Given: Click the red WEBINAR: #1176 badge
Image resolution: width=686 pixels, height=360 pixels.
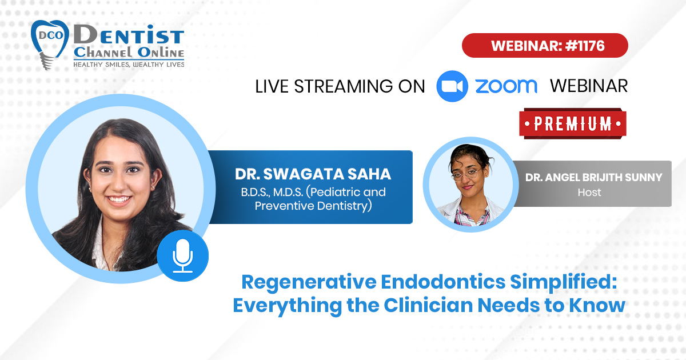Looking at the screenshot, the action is (x=545, y=46).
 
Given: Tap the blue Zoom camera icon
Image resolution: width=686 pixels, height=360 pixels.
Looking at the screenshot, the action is (x=452, y=86).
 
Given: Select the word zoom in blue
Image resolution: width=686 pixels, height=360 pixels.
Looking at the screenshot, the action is (x=506, y=86).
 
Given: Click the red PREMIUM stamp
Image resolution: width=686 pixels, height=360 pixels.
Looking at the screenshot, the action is (x=573, y=123).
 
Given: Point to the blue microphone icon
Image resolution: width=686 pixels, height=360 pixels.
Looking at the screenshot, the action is (x=183, y=255).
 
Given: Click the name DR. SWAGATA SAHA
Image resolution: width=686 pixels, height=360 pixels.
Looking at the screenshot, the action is (x=313, y=174).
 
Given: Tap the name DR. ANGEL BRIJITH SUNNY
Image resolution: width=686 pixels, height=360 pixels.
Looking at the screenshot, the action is (x=594, y=177).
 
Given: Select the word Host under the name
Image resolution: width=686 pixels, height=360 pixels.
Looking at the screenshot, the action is (x=589, y=192).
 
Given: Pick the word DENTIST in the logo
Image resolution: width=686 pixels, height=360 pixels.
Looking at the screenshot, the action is (x=129, y=35).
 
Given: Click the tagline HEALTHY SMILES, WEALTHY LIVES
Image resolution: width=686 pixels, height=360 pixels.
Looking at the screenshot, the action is (x=129, y=64).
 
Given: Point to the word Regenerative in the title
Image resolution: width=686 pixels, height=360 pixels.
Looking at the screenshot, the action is (x=309, y=282).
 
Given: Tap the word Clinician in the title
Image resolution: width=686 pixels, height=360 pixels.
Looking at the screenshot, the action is (x=428, y=305).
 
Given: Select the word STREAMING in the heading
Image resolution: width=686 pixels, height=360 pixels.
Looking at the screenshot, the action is (x=344, y=86).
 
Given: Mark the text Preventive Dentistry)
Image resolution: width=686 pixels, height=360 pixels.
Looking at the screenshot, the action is (x=313, y=206).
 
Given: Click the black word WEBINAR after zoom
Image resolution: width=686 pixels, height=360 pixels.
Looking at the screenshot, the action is (x=589, y=86).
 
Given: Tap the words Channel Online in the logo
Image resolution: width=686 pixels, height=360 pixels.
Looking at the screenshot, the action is (x=129, y=53).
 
